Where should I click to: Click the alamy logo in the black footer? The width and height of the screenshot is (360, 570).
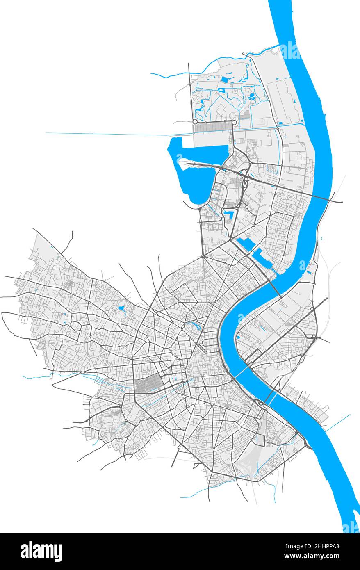point(41,551)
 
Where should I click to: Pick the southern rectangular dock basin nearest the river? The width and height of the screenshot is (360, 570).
point(262,259)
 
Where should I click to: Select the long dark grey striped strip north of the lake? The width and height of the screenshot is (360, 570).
point(213,128)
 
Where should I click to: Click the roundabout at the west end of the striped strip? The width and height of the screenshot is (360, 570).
point(195,122)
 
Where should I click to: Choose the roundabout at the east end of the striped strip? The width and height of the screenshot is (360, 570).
point(234,122)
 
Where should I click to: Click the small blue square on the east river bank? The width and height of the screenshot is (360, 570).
point(238,337)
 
